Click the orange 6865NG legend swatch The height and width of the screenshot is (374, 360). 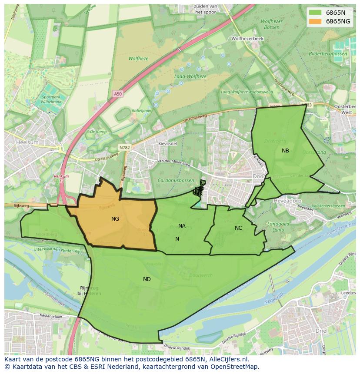[316, 21]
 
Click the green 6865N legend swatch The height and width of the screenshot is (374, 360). [316, 13]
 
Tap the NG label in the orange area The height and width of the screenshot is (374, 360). [115, 219]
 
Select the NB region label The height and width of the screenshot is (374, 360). [285, 151]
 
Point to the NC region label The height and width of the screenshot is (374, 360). [238, 228]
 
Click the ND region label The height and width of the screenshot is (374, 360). [147, 279]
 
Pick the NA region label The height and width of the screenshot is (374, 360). [182, 226]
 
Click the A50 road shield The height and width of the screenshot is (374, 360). [118, 93]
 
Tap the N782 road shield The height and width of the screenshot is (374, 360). [124, 148]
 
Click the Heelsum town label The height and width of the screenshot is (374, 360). [27, 142]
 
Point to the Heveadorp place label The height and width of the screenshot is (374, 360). [287, 201]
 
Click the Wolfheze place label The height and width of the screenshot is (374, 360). [138, 59]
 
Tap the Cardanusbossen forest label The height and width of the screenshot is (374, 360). [177, 180]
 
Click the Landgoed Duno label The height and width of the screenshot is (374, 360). [278, 226]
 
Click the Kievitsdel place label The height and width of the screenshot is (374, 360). [168, 143]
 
